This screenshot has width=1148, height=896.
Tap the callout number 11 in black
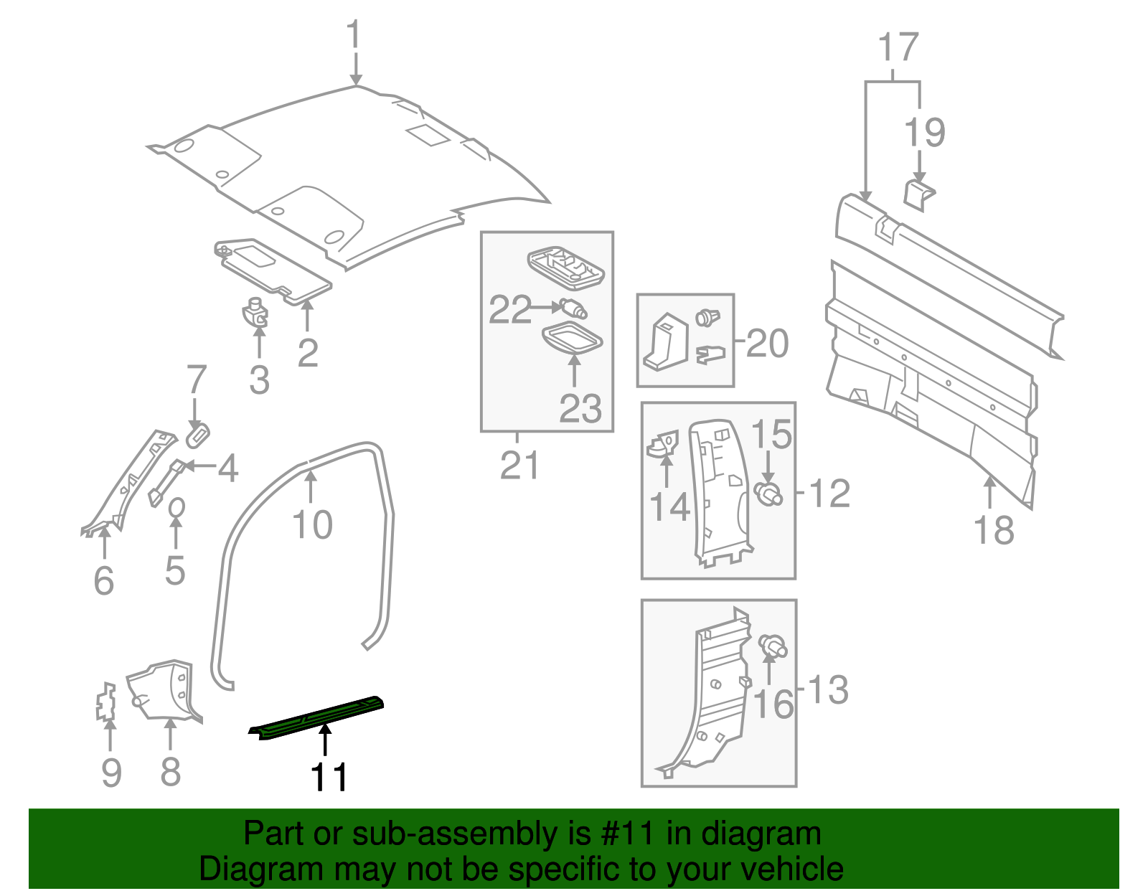point(329,777)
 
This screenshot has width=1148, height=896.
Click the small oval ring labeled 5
point(176,507)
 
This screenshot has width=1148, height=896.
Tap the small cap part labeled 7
point(197,433)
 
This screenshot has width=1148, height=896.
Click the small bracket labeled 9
point(106,702)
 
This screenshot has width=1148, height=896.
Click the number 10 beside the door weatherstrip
point(313,524)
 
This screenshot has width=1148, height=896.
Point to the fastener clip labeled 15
point(768,494)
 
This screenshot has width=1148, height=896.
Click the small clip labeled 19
point(917,194)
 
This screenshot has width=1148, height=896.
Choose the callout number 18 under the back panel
point(994,531)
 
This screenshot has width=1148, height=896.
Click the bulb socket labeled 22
point(573,309)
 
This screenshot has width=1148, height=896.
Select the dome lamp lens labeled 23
point(572,339)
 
